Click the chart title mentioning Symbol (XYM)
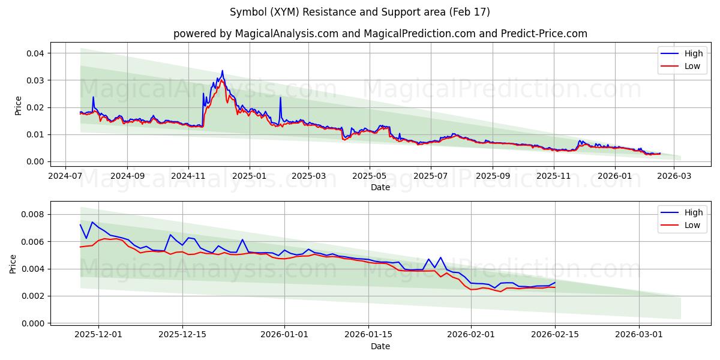pos(359,12)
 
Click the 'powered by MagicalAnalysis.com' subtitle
pos(380,34)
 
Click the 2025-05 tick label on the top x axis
pos(369,176)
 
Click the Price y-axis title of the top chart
pos(18,106)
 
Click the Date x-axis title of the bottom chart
pos(380,346)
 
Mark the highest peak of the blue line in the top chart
pos(222,71)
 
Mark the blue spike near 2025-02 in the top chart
pos(280,98)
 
